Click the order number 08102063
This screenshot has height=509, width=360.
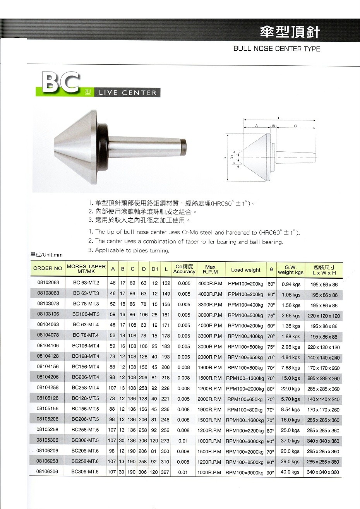click(x=48, y=283)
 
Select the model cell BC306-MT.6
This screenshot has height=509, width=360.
click(x=86, y=472)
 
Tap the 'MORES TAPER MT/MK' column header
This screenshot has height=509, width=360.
click(x=86, y=269)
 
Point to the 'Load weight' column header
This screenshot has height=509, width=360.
click(x=245, y=270)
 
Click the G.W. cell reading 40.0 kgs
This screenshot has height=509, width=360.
click(x=291, y=472)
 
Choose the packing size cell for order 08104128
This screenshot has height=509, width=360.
click(x=324, y=358)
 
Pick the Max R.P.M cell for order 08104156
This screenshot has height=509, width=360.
click(x=210, y=368)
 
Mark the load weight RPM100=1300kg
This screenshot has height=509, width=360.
click(x=245, y=378)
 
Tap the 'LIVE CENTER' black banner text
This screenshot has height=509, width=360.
click(x=128, y=93)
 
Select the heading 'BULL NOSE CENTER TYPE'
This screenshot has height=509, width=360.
click(x=277, y=49)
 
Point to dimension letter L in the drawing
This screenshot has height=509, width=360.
click(x=279, y=118)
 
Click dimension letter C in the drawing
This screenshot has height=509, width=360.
click(x=295, y=126)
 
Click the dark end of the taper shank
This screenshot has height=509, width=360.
click(x=183, y=147)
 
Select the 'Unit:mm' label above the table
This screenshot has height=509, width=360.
click(x=46, y=255)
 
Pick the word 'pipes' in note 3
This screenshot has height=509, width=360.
click(x=141, y=250)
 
